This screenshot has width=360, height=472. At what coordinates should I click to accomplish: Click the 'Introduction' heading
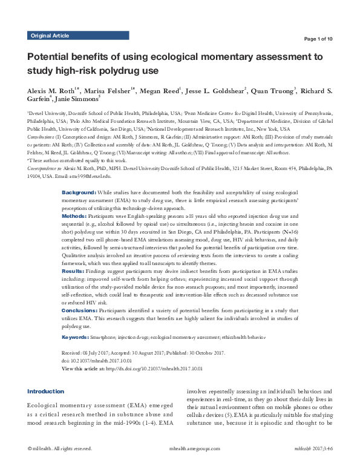click(x=45, y=391)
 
